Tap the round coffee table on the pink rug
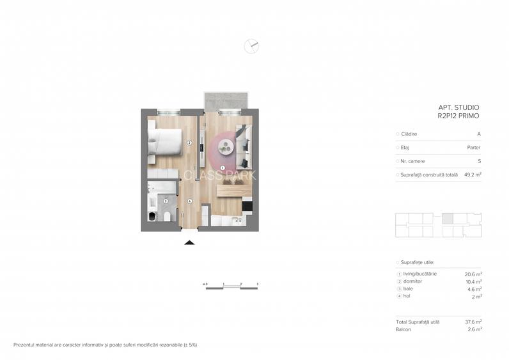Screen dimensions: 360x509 [x=226, y=148]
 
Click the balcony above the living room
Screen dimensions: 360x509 [x=226, y=100]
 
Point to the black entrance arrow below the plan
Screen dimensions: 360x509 [x=189, y=242]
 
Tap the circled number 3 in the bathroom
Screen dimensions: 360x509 [x=166, y=201]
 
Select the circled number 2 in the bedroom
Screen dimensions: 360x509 [x=190, y=143]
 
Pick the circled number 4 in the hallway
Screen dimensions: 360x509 [x=190, y=201]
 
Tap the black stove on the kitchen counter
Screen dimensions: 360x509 [x=247, y=207]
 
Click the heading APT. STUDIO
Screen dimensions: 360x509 [x=458, y=107]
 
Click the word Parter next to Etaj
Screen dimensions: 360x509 [x=474, y=148]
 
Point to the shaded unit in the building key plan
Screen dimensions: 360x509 [x=448, y=218]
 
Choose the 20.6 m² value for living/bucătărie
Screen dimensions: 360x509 [x=473, y=274]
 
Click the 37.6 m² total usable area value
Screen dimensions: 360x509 [x=473, y=322]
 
